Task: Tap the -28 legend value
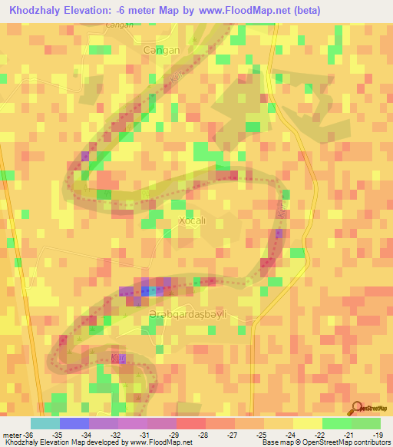pos(204,434)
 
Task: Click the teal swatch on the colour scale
pos(45,423)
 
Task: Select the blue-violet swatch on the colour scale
pos(74,423)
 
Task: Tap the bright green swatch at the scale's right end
pos(365,423)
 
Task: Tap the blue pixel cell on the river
pos(151,291)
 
